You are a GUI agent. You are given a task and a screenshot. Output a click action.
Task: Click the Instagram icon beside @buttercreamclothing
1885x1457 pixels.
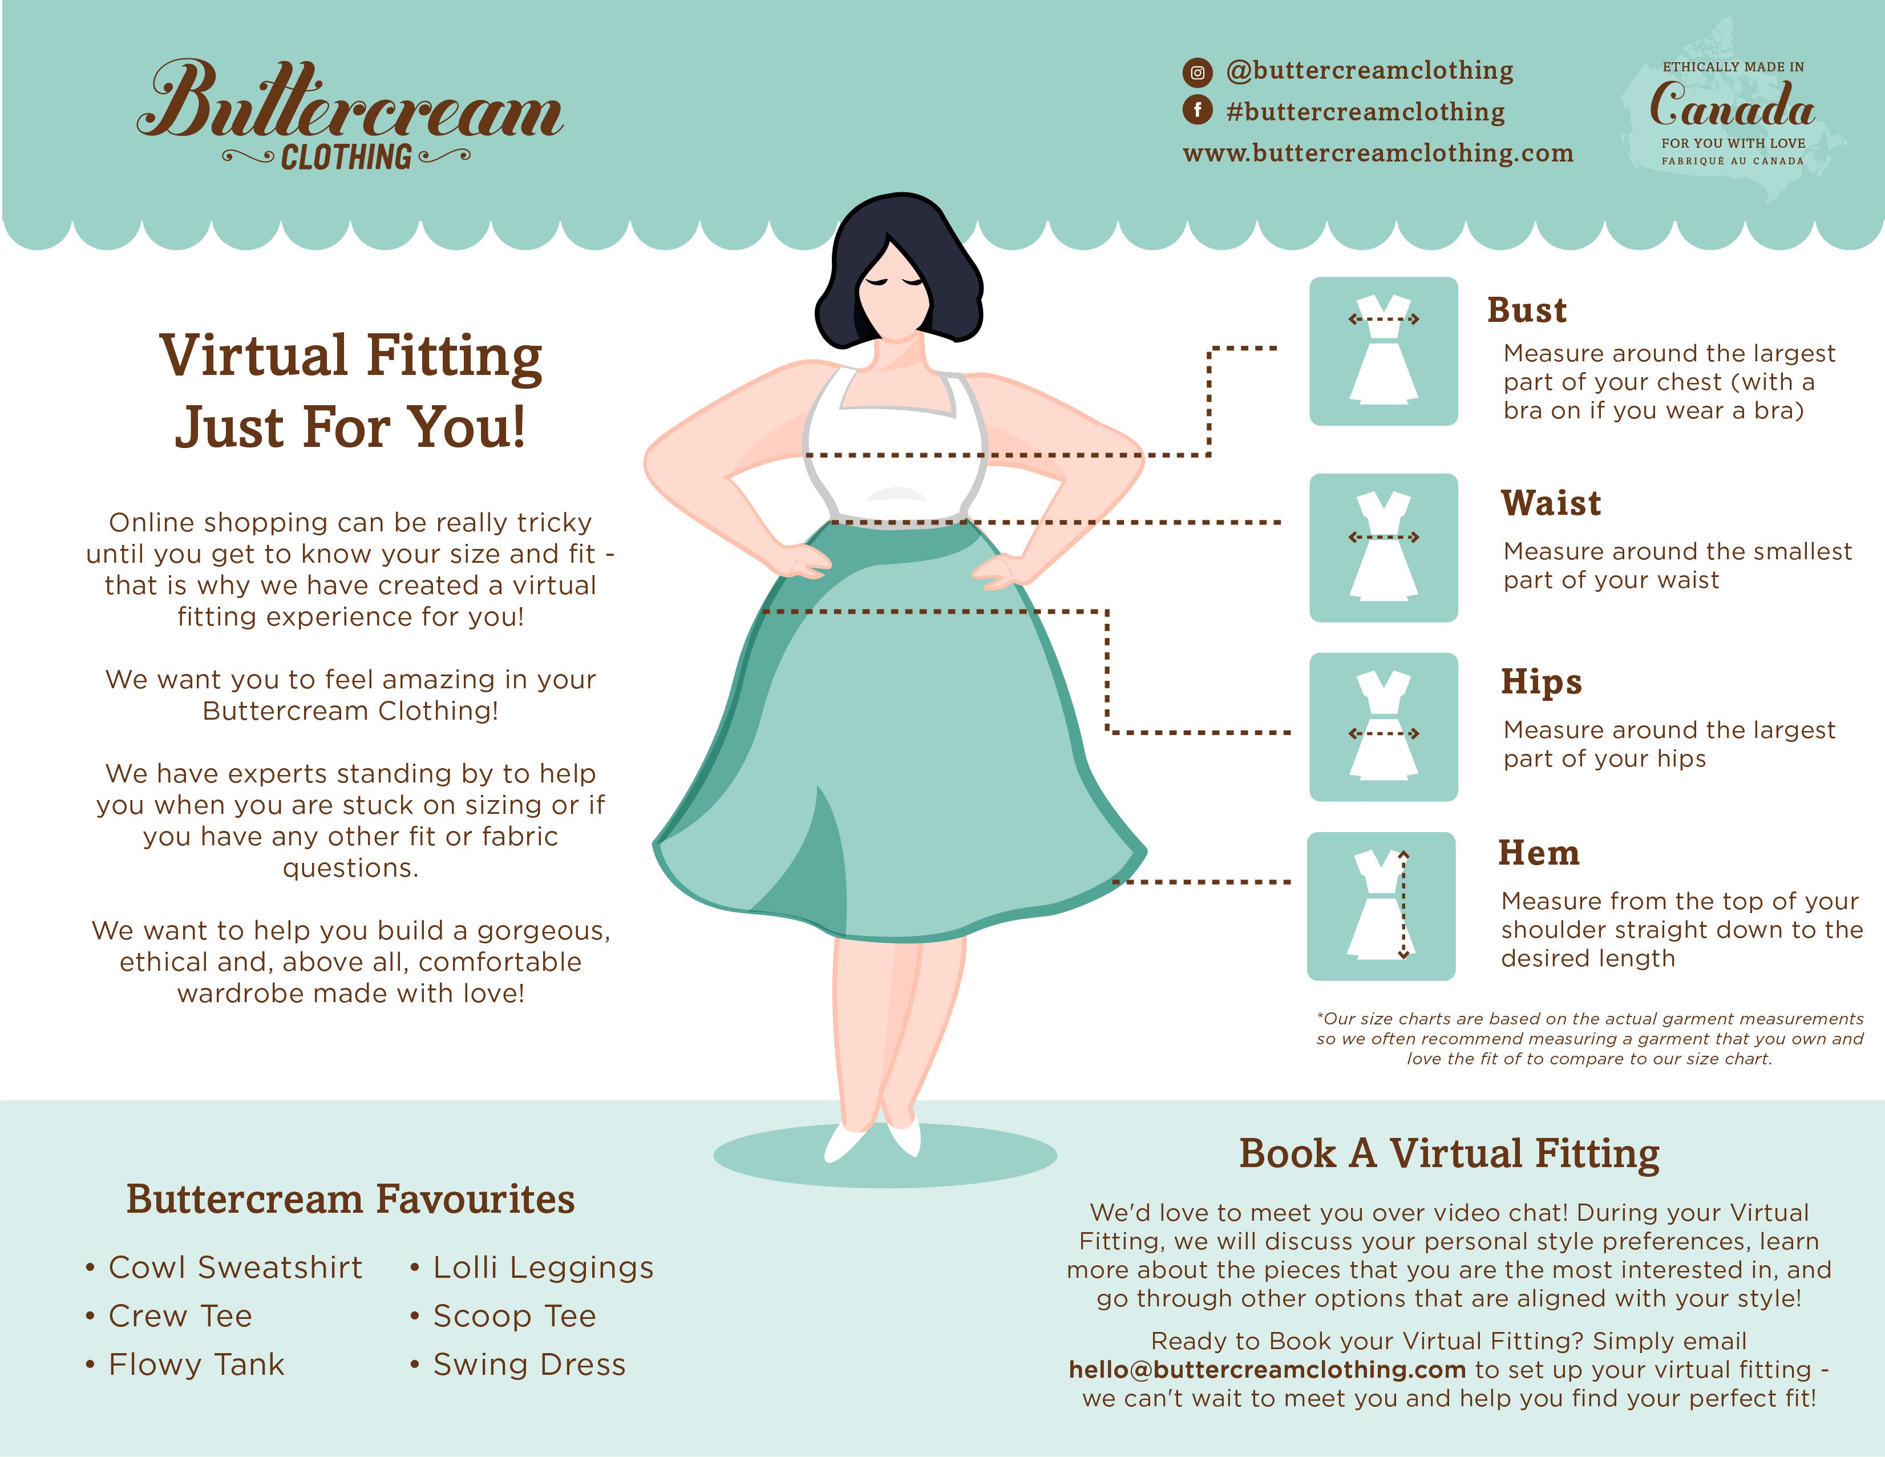click(x=1197, y=72)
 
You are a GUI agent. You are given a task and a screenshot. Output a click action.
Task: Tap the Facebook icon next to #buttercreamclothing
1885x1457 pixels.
click(x=1197, y=111)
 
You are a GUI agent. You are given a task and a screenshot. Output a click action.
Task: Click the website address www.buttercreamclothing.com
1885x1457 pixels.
click(x=1377, y=154)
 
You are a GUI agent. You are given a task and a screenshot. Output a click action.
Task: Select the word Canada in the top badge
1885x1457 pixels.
click(x=1732, y=106)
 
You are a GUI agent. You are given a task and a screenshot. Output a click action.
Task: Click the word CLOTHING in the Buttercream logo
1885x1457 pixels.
click(x=346, y=157)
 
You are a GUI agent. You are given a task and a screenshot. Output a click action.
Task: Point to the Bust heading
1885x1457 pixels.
click(x=1526, y=310)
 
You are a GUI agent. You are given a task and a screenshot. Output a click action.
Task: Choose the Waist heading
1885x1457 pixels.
click(x=1551, y=503)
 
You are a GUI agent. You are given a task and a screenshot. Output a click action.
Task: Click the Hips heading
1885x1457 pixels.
click(x=1542, y=682)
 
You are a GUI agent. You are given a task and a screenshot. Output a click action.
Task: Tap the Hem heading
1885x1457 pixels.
click(x=1539, y=853)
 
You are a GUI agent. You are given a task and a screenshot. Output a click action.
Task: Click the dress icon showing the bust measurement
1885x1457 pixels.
click(x=1384, y=352)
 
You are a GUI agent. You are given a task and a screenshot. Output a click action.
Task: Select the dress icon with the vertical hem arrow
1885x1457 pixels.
click(x=1381, y=906)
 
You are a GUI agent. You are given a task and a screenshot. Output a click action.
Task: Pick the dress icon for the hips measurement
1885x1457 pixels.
click(x=1384, y=727)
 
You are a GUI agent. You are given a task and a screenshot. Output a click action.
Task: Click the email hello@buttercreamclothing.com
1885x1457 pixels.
click(x=1267, y=1370)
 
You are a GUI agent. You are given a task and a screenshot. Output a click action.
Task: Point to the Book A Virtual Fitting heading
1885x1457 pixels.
click(x=1449, y=1153)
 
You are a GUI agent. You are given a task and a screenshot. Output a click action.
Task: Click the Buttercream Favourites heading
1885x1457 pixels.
click(x=350, y=1199)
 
